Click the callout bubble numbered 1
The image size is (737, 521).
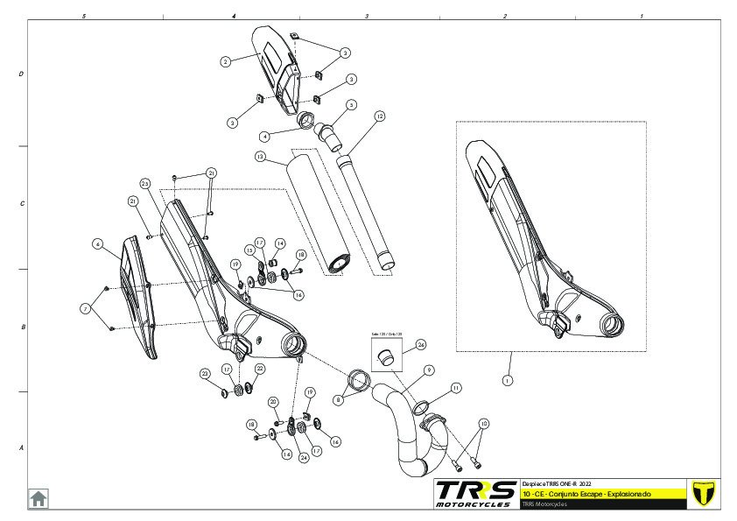506,381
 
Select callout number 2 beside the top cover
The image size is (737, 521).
226,61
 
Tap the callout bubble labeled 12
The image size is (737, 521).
379,116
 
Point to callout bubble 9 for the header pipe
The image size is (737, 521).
430,370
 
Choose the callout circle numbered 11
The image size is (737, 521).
456,387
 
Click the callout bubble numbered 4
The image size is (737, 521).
264,137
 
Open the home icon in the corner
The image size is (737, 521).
39,497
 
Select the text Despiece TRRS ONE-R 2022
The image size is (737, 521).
563,483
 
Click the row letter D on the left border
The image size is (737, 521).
21,74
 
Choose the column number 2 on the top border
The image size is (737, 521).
505,16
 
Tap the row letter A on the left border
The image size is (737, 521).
21,447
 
